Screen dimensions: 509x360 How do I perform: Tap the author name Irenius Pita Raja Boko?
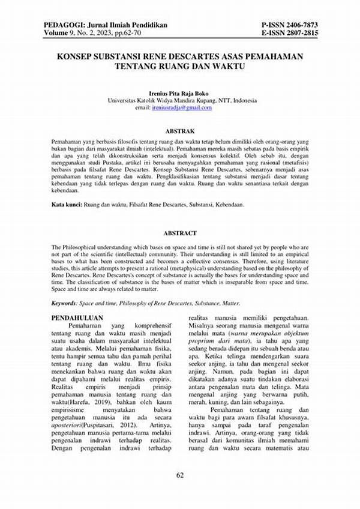click(x=180, y=94)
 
